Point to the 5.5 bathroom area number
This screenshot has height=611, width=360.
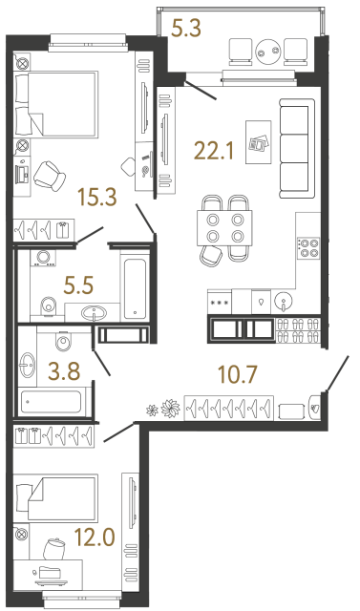79,283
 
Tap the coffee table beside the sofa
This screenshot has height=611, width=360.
257,140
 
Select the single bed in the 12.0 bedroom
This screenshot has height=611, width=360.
57,498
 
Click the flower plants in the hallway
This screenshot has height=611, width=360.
162,409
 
